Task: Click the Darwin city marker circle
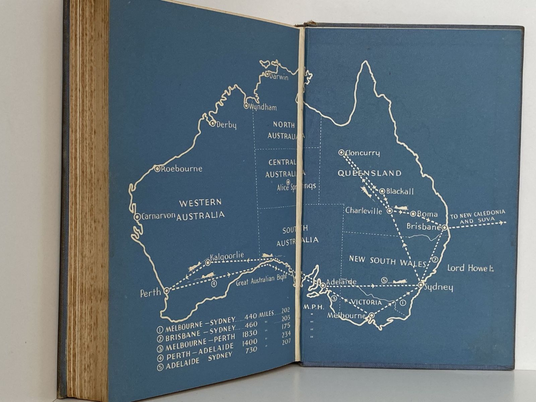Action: coord(267,74)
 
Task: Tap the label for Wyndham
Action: coord(263,108)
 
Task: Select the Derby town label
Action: coord(226,125)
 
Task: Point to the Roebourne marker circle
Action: coord(157,169)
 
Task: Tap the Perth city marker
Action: coord(166,290)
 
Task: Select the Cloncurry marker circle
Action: coord(341,152)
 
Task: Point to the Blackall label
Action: coord(400,191)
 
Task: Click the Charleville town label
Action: coord(363,211)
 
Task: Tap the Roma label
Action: coord(427,214)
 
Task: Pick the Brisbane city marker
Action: coord(444,227)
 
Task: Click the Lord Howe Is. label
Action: coord(472,268)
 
